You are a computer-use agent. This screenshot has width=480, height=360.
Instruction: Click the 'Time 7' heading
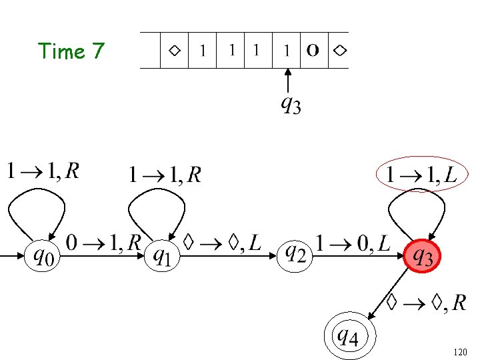click(71, 51)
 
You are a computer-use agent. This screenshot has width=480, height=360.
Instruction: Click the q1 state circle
click(162, 256)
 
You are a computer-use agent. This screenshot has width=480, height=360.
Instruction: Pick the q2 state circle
click(295, 254)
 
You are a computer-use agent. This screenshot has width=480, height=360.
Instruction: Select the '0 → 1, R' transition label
click(103, 243)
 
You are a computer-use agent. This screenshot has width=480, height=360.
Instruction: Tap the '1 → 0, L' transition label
click(354, 243)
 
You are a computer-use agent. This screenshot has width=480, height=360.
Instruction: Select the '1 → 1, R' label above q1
click(165, 175)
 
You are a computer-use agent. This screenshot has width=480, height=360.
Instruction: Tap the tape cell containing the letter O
click(313, 50)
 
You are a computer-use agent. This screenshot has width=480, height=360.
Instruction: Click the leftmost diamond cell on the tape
click(174, 50)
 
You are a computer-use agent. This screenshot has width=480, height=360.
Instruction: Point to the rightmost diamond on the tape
click(339, 50)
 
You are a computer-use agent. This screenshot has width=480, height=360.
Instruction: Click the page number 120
click(459, 351)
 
